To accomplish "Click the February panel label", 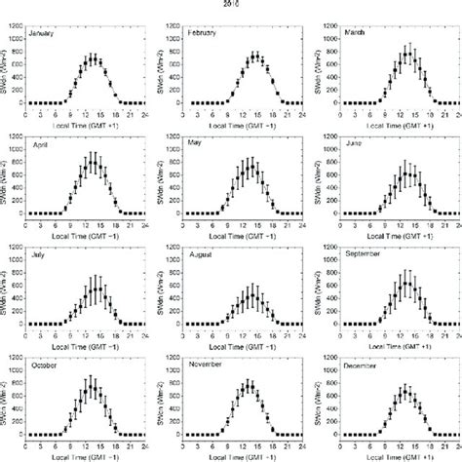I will (205, 33).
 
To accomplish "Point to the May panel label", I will (198, 143).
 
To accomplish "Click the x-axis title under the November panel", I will (244, 456).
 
